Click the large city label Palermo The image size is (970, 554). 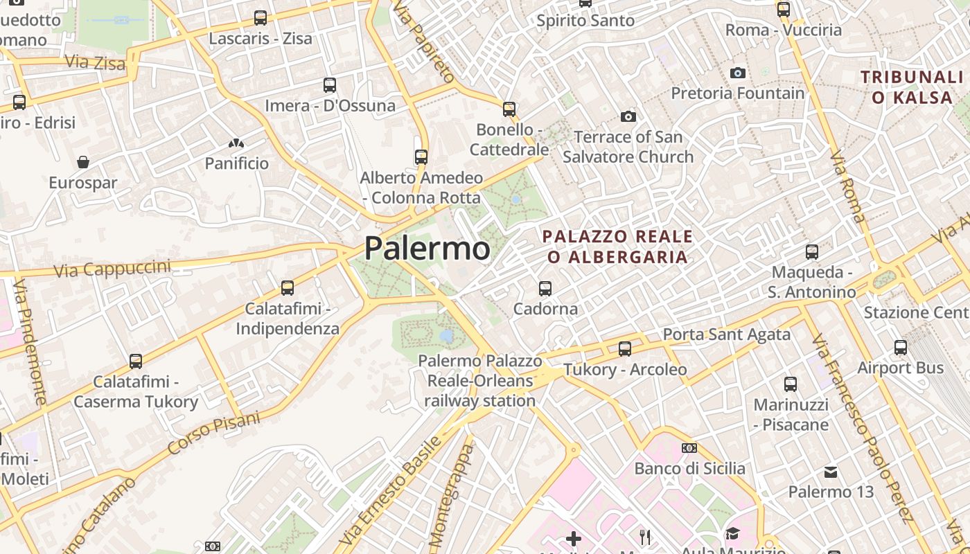[x=427, y=248]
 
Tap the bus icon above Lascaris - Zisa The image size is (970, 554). [x=261, y=18]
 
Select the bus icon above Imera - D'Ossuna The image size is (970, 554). [x=330, y=85]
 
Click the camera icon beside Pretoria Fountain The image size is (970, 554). [x=737, y=73]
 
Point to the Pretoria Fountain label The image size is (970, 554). [x=737, y=93]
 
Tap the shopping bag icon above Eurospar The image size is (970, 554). [x=83, y=162]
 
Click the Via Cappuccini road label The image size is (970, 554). [x=112, y=268]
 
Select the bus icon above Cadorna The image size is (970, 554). [x=545, y=288]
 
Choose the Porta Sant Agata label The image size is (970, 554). [x=726, y=334]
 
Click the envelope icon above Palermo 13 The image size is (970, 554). [x=831, y=472]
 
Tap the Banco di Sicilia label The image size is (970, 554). [x=689, y=468]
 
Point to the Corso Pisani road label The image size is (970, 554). [x=214, y=434]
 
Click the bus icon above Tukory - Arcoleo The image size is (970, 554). [x=625, y=348]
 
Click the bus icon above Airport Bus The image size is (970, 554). [x=901, y=347]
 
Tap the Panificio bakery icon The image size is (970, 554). [x=236, y=143]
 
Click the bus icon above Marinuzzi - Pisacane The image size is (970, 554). [x=791, y=384]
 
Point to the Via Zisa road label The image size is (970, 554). [x=95, y=62]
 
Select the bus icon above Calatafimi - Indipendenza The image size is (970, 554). [x=288, y=287]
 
